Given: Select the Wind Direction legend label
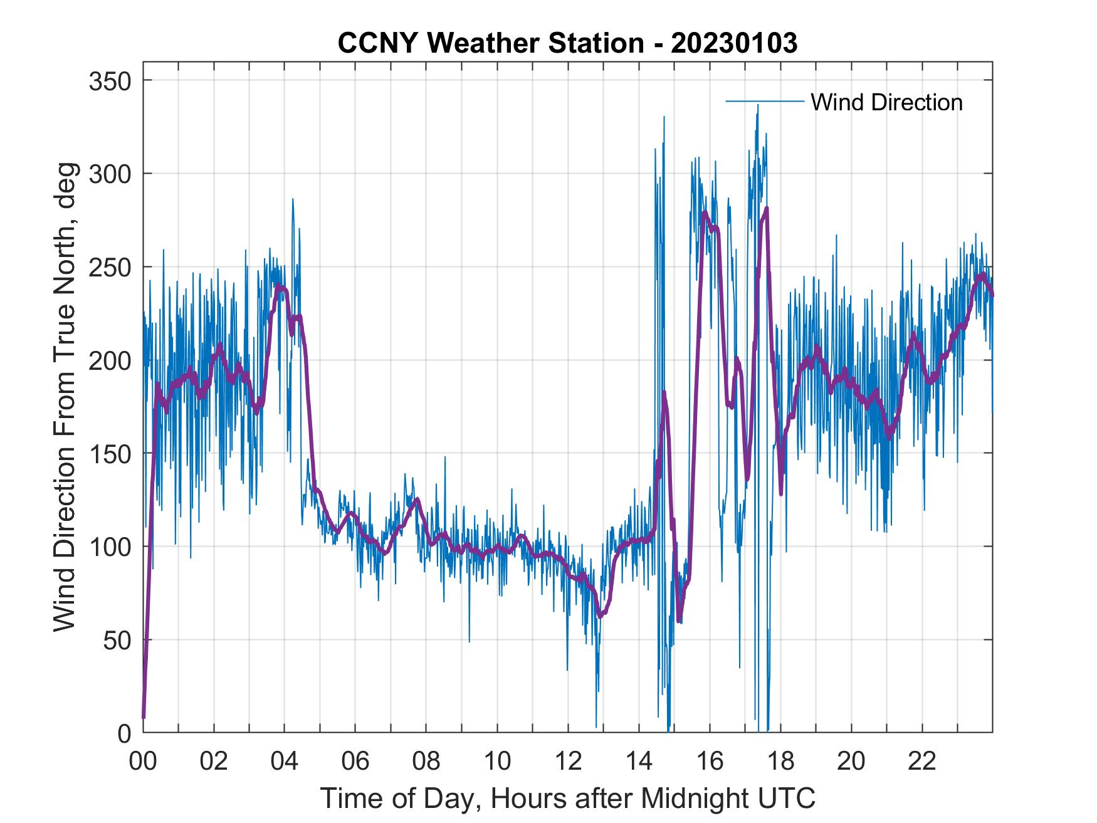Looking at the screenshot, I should [x=886, y=102].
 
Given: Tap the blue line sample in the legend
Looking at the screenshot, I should [x=764, y=101].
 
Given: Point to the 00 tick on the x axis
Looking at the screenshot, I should [x=143, y=762].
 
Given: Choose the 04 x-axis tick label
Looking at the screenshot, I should [x=285, y=762].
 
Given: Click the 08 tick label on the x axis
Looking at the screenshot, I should [x=426, y=762].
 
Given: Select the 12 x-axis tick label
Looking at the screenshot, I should [x=568, y=762].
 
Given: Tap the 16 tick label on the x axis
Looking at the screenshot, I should [x=710, y=762].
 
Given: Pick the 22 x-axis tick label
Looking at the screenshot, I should [x=922, y=762].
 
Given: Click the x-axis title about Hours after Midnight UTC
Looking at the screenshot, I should [x=568, y=799].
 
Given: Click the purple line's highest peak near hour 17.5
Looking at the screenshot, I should [x=766, y=209].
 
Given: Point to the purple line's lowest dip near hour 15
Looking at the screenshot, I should [x=679, y=621].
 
